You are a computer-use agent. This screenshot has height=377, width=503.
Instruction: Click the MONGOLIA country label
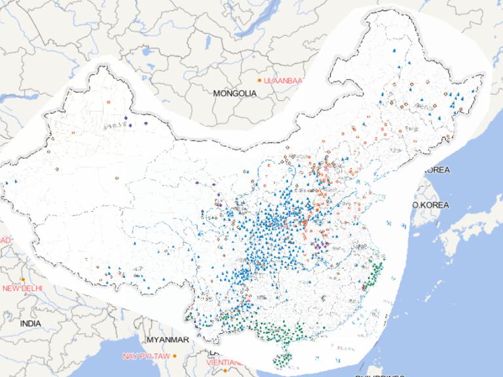tap(234, 94)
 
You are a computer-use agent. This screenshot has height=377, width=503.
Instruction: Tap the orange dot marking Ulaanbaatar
tap(259, 80)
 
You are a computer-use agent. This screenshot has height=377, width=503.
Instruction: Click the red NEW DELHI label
tap(22, 288)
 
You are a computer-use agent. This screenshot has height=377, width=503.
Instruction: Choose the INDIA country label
tap(30, 323)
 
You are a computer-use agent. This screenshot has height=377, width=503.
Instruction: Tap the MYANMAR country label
tap(168, 340)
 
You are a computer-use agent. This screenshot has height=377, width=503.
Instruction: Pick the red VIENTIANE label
tap(223, 362)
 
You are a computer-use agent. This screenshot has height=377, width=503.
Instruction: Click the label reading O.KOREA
tap(430, 205)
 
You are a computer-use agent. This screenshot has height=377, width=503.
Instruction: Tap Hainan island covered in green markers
tap(284, 359)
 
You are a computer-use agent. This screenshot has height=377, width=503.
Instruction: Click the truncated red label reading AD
tap(5, 240)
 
